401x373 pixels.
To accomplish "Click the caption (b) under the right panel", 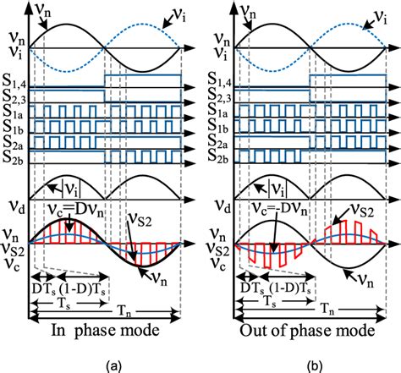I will click(302, 363).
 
